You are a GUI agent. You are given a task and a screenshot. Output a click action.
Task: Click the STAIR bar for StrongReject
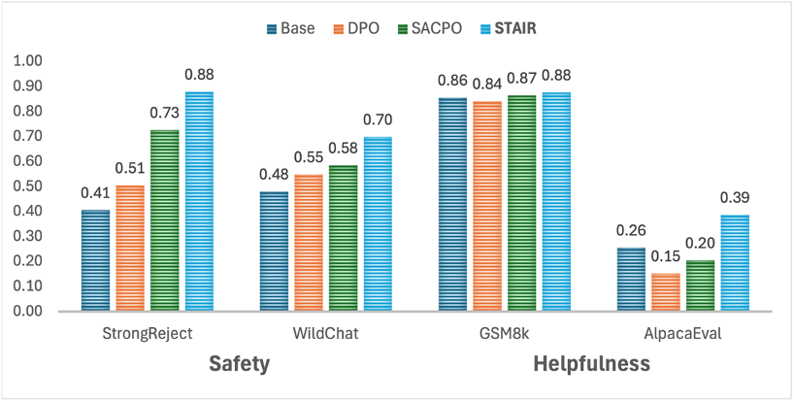tap(199, 202)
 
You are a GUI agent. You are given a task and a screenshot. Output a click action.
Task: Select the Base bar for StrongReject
tap(95, 260)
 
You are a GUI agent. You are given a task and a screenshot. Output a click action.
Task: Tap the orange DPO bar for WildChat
tap(308, 243)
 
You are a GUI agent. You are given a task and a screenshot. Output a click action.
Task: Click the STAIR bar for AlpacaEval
tap(735, 263)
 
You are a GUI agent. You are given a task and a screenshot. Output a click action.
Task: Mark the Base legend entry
tap(290, 28)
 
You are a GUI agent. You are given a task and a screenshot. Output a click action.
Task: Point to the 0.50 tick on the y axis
tap(29, 186)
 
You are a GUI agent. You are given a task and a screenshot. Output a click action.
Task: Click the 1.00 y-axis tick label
tap(29, 61)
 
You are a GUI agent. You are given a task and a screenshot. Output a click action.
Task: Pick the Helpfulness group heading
tap(591, 364)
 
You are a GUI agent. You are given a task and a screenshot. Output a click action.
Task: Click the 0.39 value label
tap(734, 198)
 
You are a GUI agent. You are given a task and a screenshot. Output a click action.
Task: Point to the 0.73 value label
tap(164, 113)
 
